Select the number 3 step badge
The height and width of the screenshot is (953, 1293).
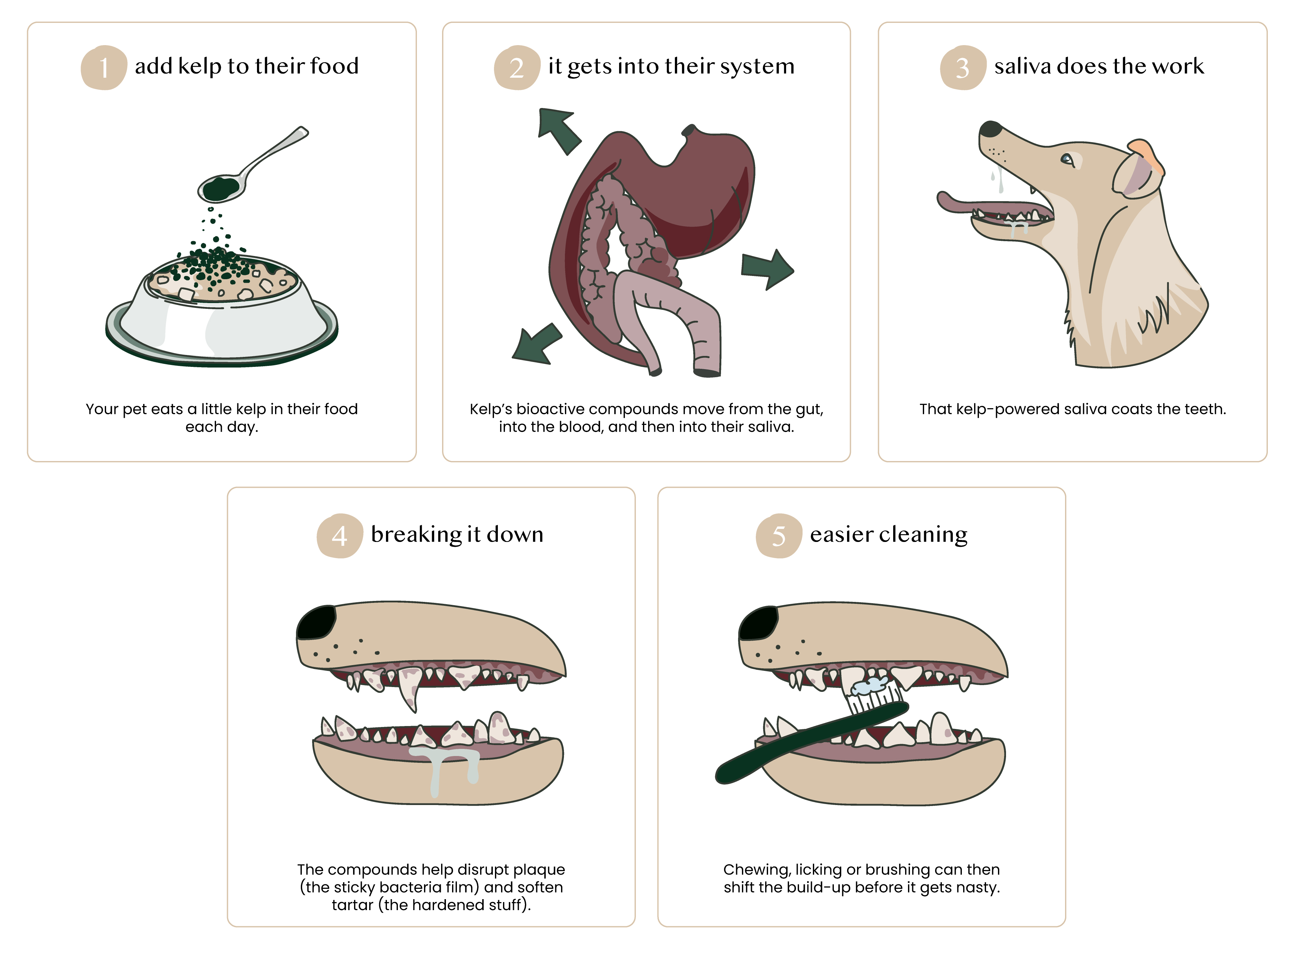[963, 67]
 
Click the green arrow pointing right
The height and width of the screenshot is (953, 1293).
[767, 269]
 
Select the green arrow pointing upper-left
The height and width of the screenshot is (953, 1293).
[557, 130]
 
